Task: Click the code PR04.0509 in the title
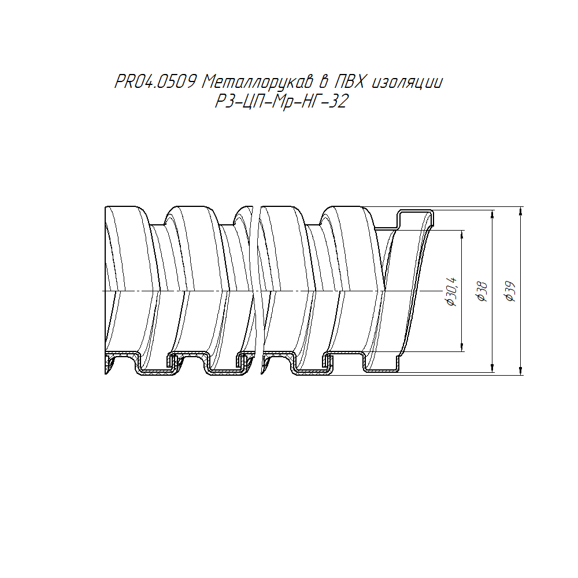(x=155, y=82)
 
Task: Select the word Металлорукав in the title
(x=257, y=82)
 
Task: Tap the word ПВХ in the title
(x=349, y=82)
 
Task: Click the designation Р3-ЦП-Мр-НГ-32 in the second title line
(x=281, y=101)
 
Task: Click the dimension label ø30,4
(x=452, y=291)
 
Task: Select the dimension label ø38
(x=482, y=292)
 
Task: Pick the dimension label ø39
(x=511, y=291)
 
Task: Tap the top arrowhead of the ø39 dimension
(x=521, y=210)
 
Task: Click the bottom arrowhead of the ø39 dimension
(x=521, y=371)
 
